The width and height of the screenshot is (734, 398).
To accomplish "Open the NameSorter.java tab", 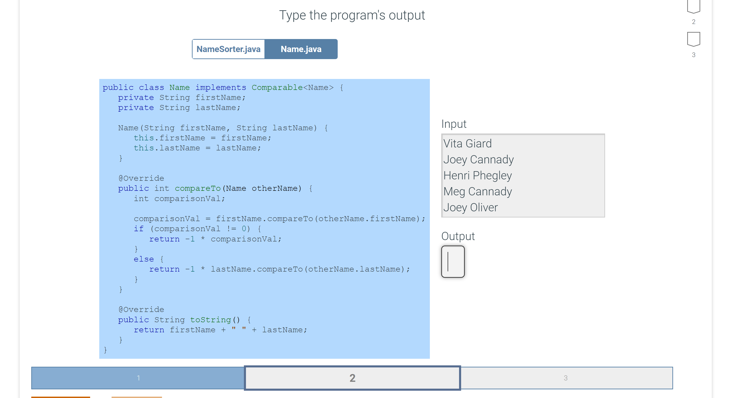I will [228, 49].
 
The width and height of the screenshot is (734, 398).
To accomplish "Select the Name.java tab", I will [301, 49].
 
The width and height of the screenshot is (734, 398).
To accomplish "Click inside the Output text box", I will [453, 262].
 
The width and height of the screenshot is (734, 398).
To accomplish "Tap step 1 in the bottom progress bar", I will [138, 378].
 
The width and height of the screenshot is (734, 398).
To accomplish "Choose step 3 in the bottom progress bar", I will [566, 378].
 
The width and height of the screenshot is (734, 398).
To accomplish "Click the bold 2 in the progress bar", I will [353, 378].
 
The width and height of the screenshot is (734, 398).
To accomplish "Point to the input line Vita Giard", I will [467, 143].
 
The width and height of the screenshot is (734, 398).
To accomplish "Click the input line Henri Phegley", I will [478, 175].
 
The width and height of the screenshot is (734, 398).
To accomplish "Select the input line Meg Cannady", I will [478, 191].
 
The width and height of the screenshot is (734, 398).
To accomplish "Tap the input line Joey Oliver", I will [470, 207].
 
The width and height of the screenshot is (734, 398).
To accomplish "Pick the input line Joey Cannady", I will [478, 160].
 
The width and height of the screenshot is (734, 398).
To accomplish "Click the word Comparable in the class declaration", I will [277, 87].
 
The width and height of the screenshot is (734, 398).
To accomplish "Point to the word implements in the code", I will [221, 87].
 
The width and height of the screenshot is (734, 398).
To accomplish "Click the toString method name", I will [210, 320].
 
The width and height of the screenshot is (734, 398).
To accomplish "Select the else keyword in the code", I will [144, 259].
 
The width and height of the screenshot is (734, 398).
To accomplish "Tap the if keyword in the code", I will [138, 229].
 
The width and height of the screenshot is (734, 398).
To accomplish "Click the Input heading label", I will [454, 124].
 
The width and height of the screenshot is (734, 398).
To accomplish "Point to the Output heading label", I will [458, 236].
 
